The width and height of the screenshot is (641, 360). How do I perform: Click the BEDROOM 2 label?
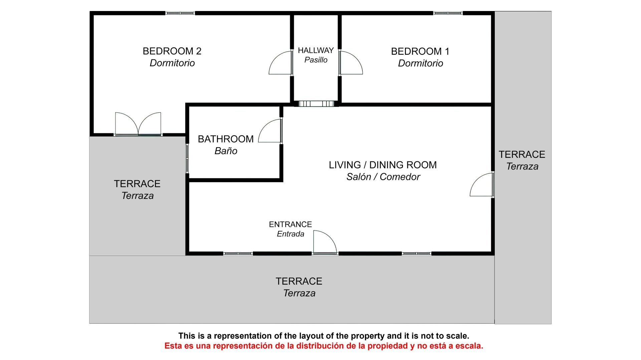click(172, 51)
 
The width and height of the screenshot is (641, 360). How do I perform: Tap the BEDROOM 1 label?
click(420, 51)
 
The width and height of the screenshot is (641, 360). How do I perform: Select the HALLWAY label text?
click(316, 50)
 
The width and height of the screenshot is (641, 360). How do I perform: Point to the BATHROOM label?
click(226, 139)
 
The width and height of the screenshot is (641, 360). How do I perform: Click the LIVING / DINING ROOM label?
click(383, 165)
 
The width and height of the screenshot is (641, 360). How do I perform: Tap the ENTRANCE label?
click(290, 224)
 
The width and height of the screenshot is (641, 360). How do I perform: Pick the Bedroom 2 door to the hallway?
click(281, 63)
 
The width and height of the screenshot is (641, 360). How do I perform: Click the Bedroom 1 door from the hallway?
click(351, 63)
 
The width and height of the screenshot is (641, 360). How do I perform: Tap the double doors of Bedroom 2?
click(138, 124)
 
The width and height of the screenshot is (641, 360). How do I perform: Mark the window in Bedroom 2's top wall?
click(180, 13)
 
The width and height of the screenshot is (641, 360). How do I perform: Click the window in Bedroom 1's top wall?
click(448, 13)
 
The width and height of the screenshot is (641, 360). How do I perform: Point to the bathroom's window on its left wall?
click(187, 158)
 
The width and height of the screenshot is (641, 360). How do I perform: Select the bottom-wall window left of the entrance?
click(238, 254)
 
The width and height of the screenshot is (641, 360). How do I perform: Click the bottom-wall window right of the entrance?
click(416, 254)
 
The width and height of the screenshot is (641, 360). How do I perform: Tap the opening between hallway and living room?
click(316, 104)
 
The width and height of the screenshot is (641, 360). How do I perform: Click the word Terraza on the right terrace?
click(522, 166)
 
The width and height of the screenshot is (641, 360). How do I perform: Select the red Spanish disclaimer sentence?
click(324, 346)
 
